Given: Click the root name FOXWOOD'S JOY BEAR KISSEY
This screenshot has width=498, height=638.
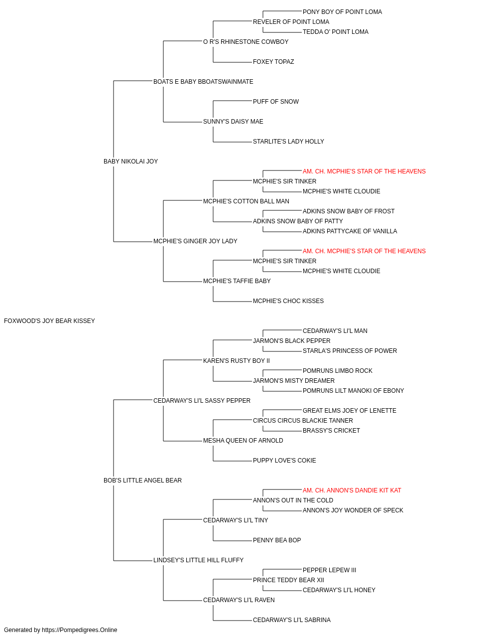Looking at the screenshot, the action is (x=49, y=321).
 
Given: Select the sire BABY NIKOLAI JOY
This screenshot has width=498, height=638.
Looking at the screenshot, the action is (x=130, y=161).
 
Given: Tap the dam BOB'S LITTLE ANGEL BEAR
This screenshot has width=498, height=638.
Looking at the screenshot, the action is (x=142, y=480).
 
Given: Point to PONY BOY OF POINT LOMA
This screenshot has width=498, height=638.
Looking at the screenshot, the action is (x=342, y=12).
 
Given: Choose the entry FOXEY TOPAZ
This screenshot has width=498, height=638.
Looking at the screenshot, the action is (x=273, y=62).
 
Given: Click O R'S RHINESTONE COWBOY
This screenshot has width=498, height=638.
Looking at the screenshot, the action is (x=246, y=42).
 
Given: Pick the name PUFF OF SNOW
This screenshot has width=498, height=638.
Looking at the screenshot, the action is (x=276, y=102).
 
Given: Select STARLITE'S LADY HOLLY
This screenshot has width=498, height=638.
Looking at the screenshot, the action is (x=288, y=142).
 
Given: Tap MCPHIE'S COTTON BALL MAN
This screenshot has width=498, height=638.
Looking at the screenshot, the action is (x=246, y=201).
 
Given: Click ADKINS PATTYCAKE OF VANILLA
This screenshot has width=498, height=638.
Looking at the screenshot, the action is (x=350, y=231).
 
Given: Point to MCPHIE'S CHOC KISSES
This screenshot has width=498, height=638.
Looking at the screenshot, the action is (x=288, y=301).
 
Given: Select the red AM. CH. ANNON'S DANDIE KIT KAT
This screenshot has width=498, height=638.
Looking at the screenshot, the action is (x=352, y=490).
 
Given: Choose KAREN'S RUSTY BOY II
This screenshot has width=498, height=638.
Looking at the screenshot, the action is (x=237, y=361).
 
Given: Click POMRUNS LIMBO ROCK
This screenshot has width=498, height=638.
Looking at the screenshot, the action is (x=337, y=371).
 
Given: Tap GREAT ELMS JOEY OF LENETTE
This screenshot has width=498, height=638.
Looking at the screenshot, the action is (x=349, y=411).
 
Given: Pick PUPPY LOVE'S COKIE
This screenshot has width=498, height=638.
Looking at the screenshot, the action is (x=284, y=461).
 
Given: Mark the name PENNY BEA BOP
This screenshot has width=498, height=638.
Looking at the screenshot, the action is (x=277, y=540).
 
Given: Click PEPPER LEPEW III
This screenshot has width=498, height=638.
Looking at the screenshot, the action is (x=329, y=570).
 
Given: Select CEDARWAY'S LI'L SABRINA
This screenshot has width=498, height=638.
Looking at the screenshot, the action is (x=291, y=620).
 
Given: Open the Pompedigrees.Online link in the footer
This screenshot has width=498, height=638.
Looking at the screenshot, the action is (x=79, y=630).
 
